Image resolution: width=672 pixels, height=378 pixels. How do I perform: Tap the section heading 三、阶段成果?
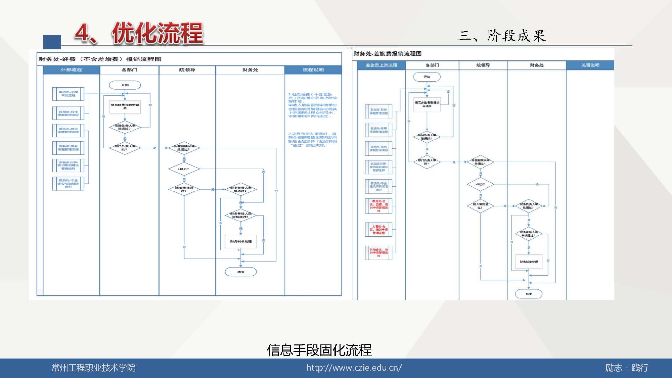coord(501,36)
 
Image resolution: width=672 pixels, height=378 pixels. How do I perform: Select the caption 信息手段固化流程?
coord(319,350)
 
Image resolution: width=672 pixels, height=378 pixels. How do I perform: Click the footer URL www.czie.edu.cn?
coord(354,368)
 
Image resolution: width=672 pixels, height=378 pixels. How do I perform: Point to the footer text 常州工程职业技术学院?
coord(93,368)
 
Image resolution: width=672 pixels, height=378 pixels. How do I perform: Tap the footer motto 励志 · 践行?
coord(627,368)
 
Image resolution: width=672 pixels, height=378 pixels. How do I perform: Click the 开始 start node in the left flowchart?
coord(125,85)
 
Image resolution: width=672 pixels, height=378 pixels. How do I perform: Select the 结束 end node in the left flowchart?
coord(240,272)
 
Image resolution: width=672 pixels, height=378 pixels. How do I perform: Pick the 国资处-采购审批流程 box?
coord(68,94)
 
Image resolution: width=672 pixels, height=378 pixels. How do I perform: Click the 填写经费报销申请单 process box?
coord(125,106)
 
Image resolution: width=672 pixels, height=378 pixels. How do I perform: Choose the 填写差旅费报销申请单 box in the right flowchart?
coord(427,104)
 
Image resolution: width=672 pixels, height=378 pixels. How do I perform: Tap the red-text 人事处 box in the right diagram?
coord(378,230)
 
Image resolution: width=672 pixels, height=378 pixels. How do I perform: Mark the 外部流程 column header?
coord(71,70)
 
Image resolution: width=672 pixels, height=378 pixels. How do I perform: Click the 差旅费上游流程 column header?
coord(381,65)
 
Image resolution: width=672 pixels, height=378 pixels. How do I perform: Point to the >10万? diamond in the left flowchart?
coord(184,169)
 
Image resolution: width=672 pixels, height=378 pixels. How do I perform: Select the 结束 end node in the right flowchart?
coord(529,294)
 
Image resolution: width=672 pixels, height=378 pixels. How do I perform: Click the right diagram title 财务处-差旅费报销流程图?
coord(387,54)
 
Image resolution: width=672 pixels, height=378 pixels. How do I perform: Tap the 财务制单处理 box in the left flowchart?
coord(240,241)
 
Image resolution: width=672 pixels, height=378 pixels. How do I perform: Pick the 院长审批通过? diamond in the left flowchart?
coord(184,189)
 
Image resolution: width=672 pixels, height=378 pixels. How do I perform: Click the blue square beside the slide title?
coord(52,42)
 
